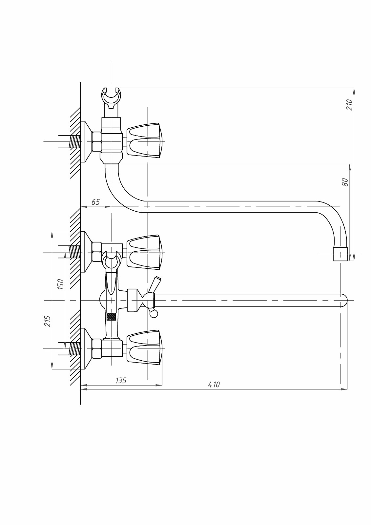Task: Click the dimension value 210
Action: click(x=349, y=105)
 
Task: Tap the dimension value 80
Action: click(x=345, y=182)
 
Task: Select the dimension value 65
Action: click(x=96, y=202)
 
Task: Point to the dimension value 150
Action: click(x=60, y=284)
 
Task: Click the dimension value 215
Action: click(x=47, y=321)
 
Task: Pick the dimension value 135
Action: click(x=121, y=387)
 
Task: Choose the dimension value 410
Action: click(x=214, y=391)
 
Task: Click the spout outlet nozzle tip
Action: click(x=340, y=254)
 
